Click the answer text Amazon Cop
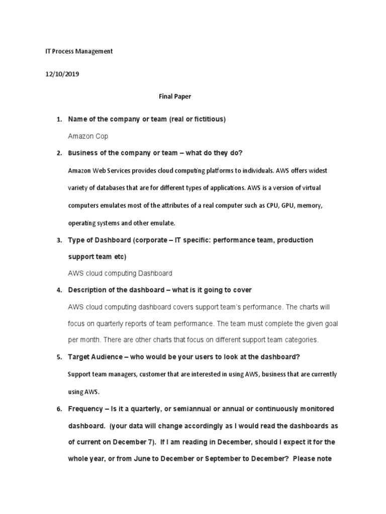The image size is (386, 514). (88, 136)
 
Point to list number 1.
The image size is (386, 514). (58, 119)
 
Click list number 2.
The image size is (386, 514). (58, 153)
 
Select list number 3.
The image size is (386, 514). (58, 240)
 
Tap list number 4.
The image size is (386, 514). (58, 290)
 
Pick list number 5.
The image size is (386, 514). (58, 357)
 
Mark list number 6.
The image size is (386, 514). (58, 409)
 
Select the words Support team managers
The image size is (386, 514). (103, 374)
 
